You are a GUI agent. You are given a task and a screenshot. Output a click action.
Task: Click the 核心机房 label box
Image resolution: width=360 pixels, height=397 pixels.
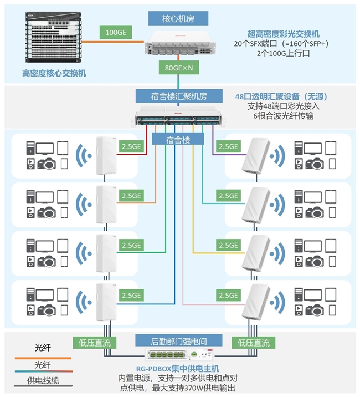[x=178, y=18]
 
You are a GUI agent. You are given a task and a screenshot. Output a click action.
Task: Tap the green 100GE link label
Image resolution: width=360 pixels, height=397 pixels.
[x=115, y=33]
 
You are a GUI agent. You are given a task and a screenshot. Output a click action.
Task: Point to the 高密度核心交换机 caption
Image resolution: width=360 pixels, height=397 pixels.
[x=54, y=73]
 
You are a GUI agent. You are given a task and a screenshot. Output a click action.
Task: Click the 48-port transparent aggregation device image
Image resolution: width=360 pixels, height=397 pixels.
[x=179, y=119]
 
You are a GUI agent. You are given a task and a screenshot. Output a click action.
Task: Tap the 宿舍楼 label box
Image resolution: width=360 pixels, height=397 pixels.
[x=178, y=139]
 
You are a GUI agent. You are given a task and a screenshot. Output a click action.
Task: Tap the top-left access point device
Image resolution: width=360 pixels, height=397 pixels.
[x=104, y=155]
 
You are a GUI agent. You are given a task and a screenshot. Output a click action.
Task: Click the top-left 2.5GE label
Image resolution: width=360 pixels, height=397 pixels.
[x=132, y=147]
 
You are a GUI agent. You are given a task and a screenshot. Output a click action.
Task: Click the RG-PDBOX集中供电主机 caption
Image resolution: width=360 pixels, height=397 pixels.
[x=178, y=369]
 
